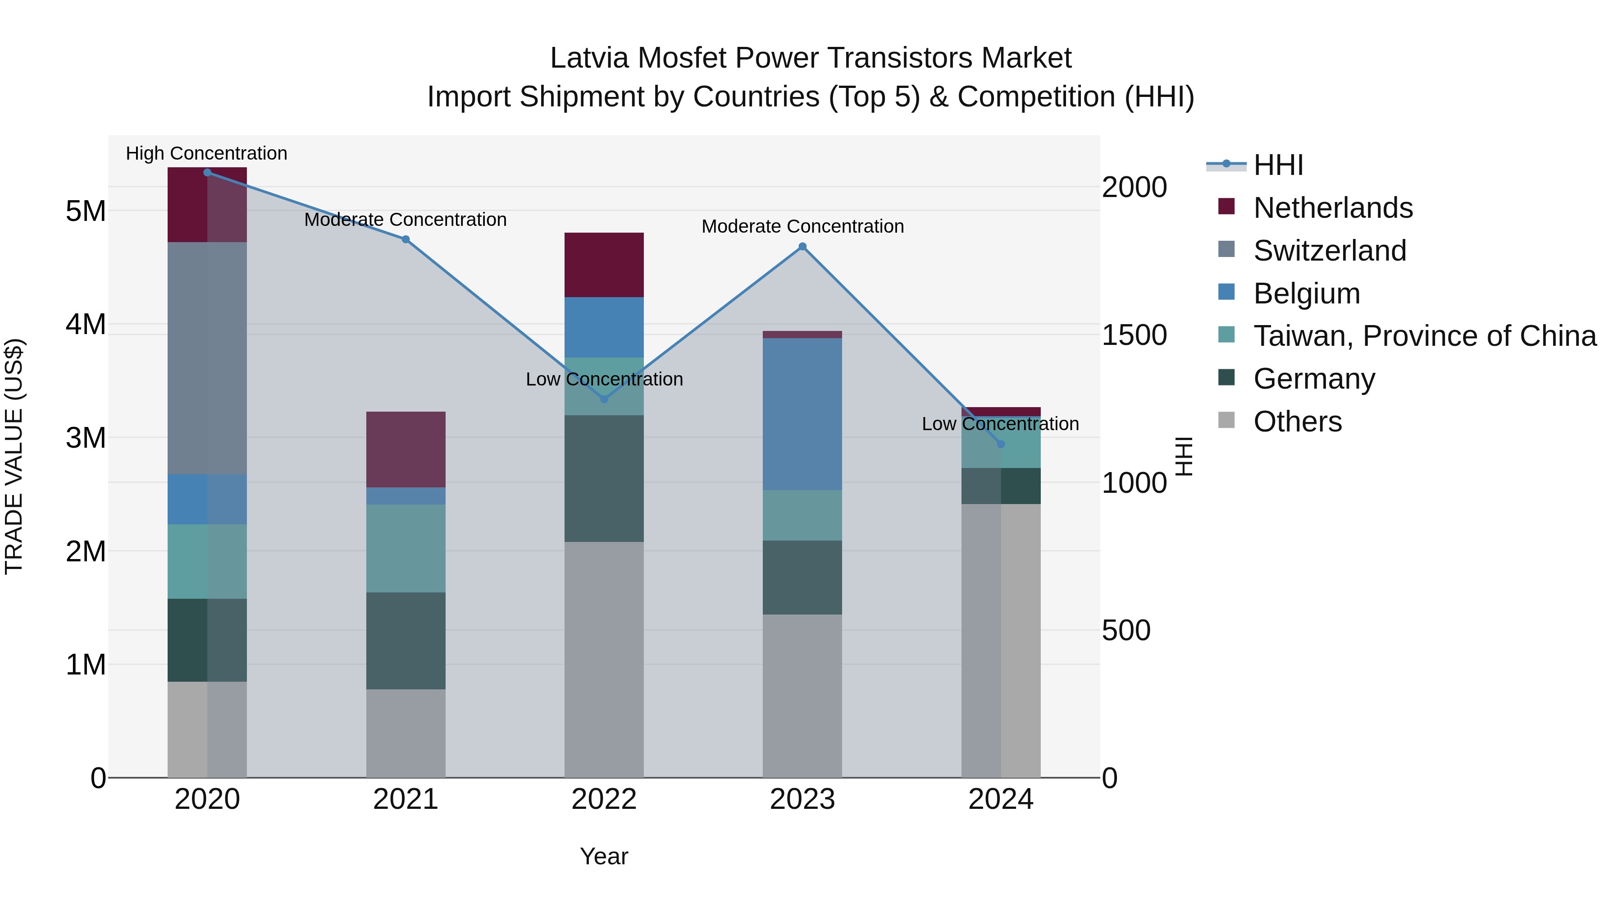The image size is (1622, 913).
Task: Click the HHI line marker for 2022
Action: coord(604,399)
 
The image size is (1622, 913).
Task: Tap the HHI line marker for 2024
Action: coord(1001,444)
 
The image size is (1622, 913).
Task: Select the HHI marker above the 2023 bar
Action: coord(802,246)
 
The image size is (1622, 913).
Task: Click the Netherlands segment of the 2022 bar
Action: coord(604,265)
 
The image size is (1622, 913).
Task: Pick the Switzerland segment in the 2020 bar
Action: coord(207,358)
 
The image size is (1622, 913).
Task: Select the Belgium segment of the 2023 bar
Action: coord(802,414)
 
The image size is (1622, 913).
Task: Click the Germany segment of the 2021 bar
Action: coord(405,640)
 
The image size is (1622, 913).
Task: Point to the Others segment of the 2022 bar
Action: coord(604,659)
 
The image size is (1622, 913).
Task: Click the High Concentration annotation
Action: coord(206,153)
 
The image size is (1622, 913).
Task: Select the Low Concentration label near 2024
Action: coord(1000,424)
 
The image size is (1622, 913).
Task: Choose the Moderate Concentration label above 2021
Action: coord(405,219)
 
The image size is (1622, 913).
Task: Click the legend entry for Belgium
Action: coord(1307,294)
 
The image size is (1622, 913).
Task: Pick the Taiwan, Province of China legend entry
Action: coord(1424,336)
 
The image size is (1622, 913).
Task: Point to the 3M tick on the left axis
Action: coord(86,438)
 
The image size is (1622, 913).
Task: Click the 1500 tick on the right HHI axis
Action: coord(1134,335)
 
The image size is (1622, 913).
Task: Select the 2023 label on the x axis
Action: coord(802,799)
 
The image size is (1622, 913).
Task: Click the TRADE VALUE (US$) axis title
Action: coord(14,456)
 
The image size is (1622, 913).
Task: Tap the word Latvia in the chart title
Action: coord(589,58)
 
